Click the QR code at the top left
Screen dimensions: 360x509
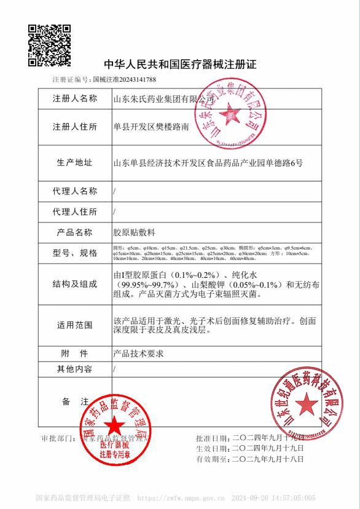[x=50, y=45]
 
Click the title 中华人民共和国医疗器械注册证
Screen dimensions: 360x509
[x=179, y=65]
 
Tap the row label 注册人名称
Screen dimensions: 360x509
[x=74, y=98]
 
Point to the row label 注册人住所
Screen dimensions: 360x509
[x=74, y=127]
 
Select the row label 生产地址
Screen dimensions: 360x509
[x=74, y=163]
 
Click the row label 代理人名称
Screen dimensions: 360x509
[x=74, y=191]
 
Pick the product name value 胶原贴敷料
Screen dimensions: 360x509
[x=135, y=232]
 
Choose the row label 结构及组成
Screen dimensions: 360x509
[x=74, y=284]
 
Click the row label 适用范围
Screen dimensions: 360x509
[x=74, y=325]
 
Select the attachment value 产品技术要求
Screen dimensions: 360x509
[x=139, y=353]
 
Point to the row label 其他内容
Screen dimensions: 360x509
[x=74, y=369]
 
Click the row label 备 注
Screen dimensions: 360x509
[x=74, y=401]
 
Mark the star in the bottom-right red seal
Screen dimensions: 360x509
[x=305, y=403]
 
